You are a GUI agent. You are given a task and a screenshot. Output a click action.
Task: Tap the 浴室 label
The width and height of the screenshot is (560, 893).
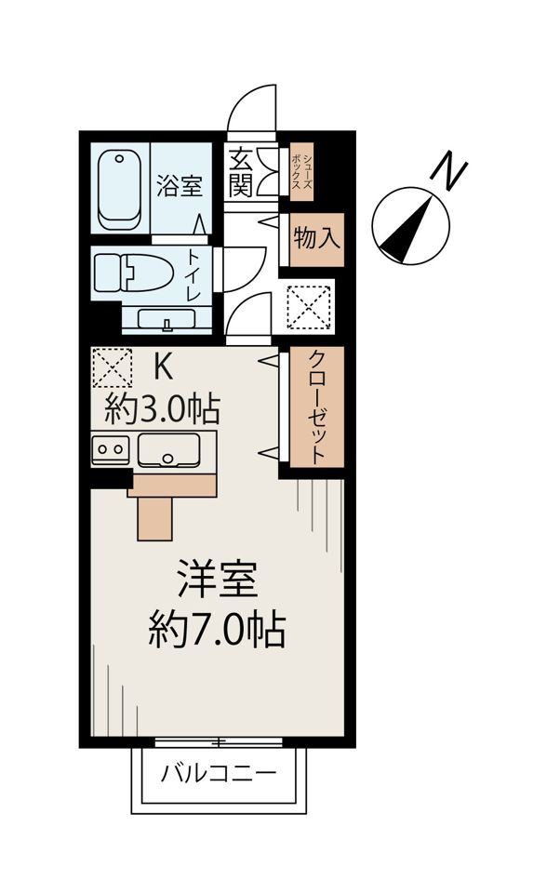coord(180,186)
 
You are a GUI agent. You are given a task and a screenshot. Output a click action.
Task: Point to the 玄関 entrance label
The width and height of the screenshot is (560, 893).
coord(239,172)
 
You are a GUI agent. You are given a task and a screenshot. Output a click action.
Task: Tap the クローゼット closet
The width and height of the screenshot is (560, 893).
coord(316,407)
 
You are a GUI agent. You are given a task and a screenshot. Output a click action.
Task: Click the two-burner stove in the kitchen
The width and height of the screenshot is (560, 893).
coord(111,450)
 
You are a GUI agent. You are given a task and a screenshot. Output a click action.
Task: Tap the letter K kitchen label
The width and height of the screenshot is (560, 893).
coord(162,367)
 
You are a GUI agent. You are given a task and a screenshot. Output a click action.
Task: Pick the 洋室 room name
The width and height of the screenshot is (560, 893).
coord(217,583)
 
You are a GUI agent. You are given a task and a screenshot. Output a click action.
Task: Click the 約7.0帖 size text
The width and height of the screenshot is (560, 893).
coord(217,633)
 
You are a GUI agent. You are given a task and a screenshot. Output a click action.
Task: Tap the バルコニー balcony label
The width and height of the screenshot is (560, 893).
coord(219,773)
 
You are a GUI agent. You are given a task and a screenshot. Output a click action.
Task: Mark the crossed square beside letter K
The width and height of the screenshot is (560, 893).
coord(112,367)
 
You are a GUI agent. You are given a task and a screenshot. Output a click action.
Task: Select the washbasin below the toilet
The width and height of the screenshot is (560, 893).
coord(167,320)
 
